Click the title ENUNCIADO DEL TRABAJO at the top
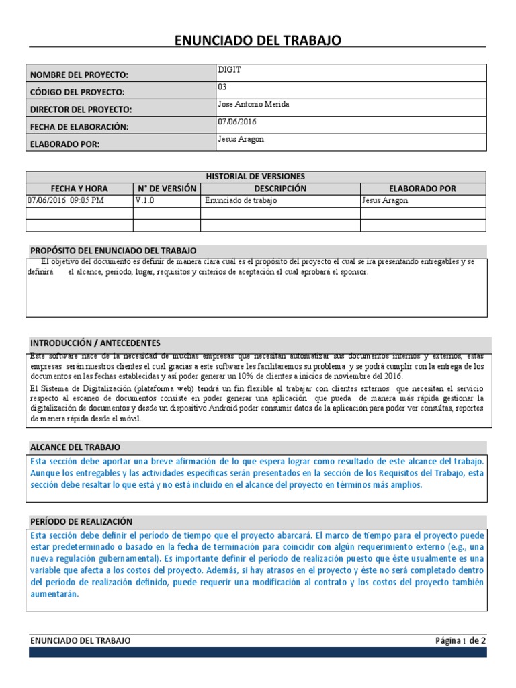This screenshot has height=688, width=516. pyautogui.click(x=258, y=41)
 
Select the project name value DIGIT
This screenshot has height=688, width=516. pyautogui.click(x=228, y=69)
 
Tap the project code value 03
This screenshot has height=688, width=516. pyautogui.click(x=222, y=87)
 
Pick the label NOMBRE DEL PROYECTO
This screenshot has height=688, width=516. pyautogui.click(x=79, y=75)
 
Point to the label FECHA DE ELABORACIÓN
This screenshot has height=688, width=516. pyautogui.click(x=79, y=126)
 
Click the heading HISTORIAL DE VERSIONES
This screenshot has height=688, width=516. pyautogui.click(x=255, y=176)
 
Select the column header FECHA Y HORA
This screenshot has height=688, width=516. pyautogui.click(x=79, y=189)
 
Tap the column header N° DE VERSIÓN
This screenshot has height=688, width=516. pyautogui.click(x=167, y=189)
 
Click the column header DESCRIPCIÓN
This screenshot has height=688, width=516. pyautogui.click(x=280, y=189)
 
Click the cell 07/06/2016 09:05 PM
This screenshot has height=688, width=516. pyautogui.click(x=66, y=201)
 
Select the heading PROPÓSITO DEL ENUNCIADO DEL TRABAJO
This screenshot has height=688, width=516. pyautogui.click(x=114, y=251)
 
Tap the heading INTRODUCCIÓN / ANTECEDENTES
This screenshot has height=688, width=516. pyautogui.click(x=95, y=343)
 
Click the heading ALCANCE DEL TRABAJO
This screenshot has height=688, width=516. pyautogui.click(x=75, y=447)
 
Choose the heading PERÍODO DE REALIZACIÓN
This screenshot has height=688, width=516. pyautogui.click(x=81, y=521)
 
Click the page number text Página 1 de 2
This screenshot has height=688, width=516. pyautogui.click(x=460, y=641)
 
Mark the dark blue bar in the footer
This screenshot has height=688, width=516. pyautogui.click(x=257, y=652)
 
